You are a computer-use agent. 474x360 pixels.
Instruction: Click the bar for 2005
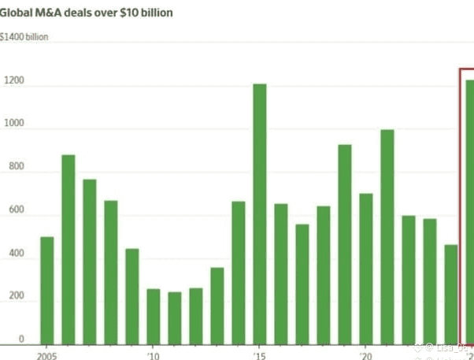pyautogui.click(x=47, y=291)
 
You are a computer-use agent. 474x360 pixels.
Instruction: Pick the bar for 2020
pyautogui.click(x=365, y=269)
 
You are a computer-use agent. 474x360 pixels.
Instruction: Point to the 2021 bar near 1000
pyautogui.click(x=387, y=237)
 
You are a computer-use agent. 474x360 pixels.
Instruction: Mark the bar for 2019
pyautogui.click(x=344, y=244)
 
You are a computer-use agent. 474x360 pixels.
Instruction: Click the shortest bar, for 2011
pyautogui.click(x=175, y=318)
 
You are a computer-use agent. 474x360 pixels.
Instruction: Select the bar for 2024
pyautogui.click(x=450, y=295)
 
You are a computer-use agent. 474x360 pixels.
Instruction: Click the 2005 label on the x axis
pyautogui.click(x=46, y=354)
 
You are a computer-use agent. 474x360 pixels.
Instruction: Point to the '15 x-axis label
pyautogui.click(x=259, y=354)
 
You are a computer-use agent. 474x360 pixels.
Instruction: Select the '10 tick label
pyautogui.click(x=154, y=354)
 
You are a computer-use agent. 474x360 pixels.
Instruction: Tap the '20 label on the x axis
pyautogui.click(x=365, y=354)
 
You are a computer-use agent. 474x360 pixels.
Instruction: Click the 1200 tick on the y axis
pyautogui.click(x=14, y=80)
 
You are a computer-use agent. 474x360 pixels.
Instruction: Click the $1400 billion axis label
pyautogui.click(x=24, y=37)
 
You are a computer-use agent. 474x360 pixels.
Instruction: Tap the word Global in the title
pyautogui.click(x=18, y=13)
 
